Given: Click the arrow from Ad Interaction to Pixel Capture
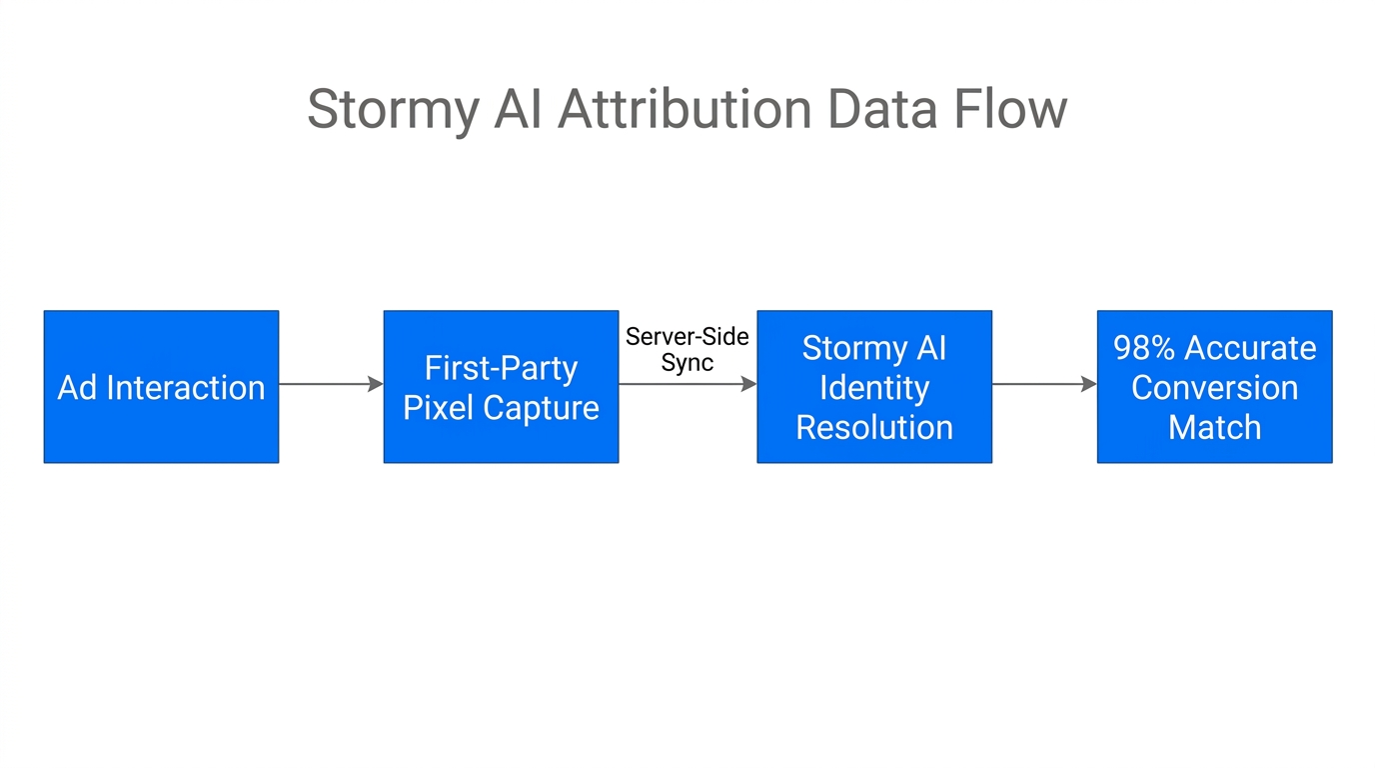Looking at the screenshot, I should coord(330,384).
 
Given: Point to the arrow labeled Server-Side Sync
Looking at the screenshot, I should coord(687,384).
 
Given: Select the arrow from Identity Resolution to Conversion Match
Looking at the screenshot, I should coord(1044,384).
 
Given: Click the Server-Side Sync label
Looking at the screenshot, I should coord(687,350).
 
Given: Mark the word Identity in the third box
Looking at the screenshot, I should coord(874,388).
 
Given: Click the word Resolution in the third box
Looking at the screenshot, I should coord(874,427).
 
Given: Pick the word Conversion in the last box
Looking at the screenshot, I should coord(1214,388).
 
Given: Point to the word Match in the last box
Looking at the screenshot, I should coord(1214,427).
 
